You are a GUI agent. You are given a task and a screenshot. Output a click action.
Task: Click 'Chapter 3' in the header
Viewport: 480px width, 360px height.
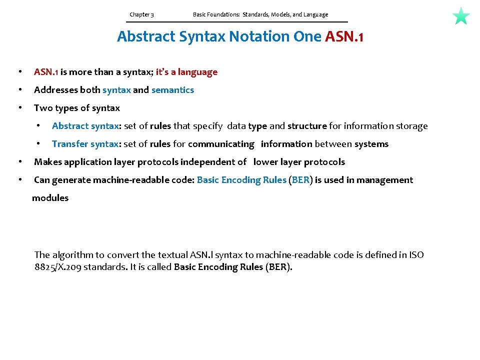pos(141,14)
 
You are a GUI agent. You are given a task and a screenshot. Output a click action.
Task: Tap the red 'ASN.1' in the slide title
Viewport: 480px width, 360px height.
pos(344,36)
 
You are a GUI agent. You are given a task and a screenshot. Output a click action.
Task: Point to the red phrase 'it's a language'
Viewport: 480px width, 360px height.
pos(186,72)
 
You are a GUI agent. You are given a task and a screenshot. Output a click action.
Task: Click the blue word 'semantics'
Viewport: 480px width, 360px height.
pos(172,90)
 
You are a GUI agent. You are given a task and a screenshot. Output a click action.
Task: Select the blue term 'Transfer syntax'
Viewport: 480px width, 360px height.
pos(85,144)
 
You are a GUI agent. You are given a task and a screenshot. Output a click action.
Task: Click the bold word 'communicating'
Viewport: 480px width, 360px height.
pos(221,144)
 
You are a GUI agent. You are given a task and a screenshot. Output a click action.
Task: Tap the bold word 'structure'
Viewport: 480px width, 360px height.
pos(307,126)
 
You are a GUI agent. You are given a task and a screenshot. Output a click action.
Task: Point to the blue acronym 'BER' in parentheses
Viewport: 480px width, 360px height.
pos(300,180)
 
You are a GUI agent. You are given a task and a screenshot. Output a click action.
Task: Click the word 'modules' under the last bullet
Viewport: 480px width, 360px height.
pos(50,198)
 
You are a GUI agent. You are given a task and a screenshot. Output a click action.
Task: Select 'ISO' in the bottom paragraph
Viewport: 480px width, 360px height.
pos(416,255)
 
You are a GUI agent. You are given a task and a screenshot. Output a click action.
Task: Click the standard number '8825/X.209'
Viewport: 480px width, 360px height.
pos(57,267)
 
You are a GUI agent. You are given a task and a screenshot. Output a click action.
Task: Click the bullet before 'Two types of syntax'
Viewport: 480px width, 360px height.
pos(19,108)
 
